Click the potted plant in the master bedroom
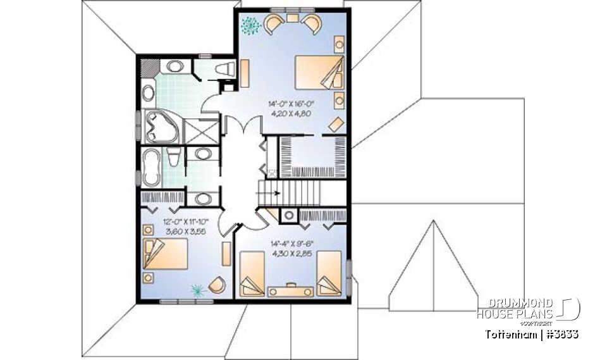[x=251, y=25]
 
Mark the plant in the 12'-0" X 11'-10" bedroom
[x=199, y=289]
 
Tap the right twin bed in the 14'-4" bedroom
[x=329, y=273]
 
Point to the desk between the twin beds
[x=291, y=290]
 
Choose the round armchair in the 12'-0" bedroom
[x=217, y=285]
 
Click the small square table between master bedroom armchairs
[x=292, y=20]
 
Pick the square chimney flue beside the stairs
[x=288, y=215]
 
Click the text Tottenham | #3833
[x=532, y=333]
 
